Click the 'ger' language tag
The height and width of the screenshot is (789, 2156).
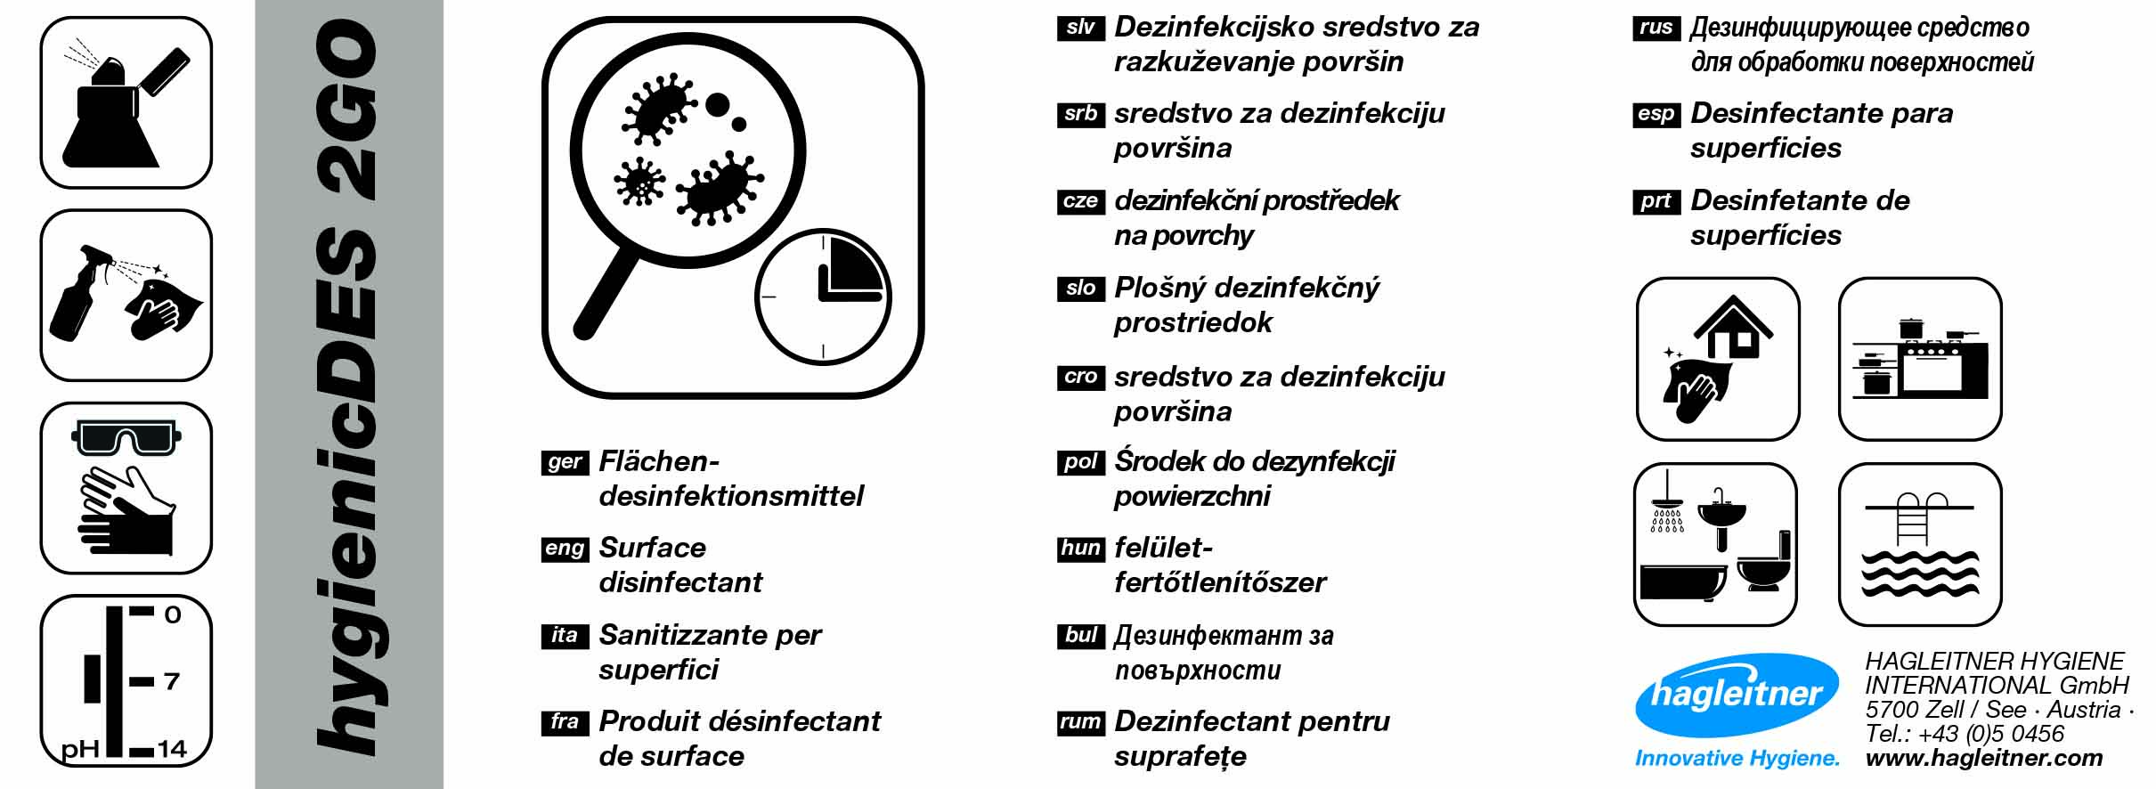click(x=565, y=462)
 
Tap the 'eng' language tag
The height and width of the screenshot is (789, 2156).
click(x=565, y=549)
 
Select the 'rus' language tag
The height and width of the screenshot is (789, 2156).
click(x=1656, y=28)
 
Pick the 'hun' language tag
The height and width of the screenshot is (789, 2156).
click(x=1080, y=549)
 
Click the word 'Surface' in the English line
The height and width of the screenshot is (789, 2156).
click(x=652, y=548)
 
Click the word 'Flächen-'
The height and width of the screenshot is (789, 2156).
click(x=659, y=461)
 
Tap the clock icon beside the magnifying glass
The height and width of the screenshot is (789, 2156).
click(x=823, y=297)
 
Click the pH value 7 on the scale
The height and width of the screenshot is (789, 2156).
click(x=172, y=682)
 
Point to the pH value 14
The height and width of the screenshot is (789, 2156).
click(x=172, y=749)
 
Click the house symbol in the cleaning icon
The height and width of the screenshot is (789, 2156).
click(x=1733, y=327)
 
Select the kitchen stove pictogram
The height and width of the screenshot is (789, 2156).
click(x=1921, y=360)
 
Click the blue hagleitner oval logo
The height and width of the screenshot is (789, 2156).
click(x=1737, y=695)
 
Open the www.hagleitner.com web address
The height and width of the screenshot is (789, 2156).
click(x=1984, y=758)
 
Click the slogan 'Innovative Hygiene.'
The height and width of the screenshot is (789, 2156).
click(x=1737, y=759)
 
